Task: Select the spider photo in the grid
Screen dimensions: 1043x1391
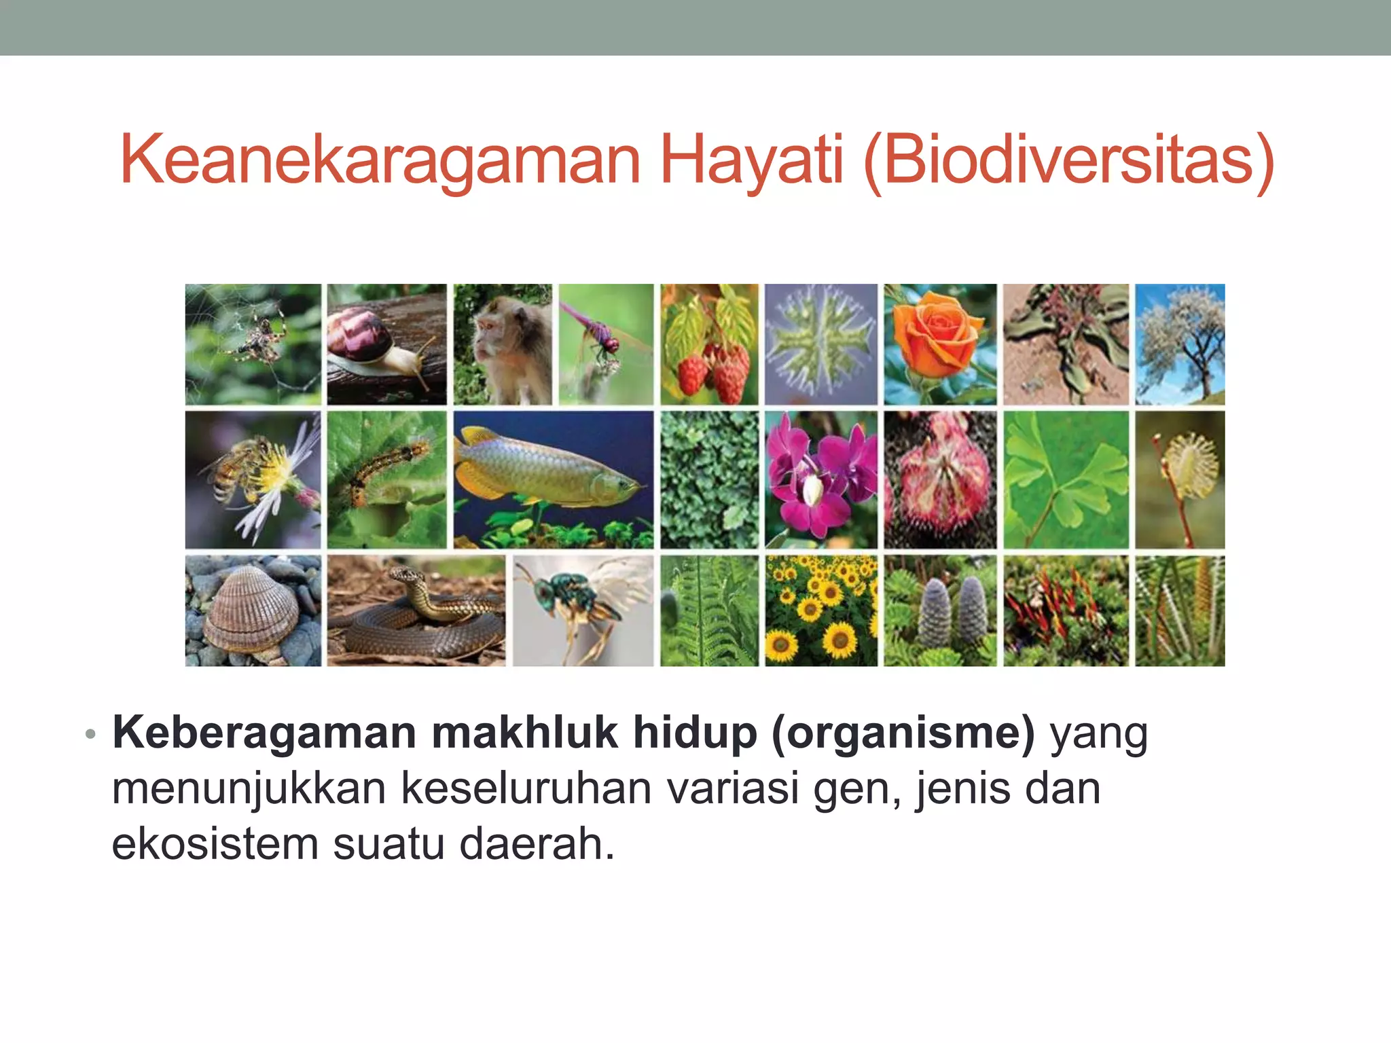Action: [x=253, y=344]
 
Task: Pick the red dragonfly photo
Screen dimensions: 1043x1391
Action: [x=606, y=344]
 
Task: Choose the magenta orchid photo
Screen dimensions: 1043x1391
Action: [x=820, y=479]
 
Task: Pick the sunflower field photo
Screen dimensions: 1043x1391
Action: [x=820, y=610]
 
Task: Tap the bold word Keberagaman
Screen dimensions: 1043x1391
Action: [x=264, y=733]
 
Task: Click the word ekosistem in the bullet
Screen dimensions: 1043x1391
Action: [x=215, y=844]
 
